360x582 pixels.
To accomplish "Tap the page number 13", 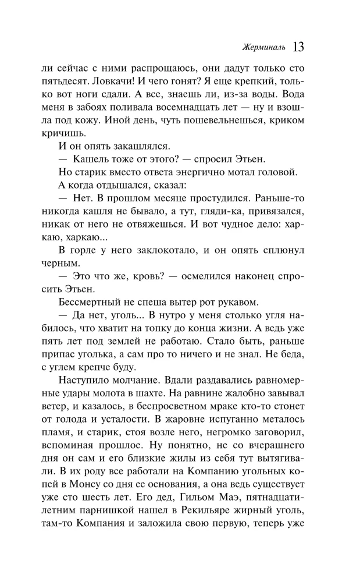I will tap(300, 46).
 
